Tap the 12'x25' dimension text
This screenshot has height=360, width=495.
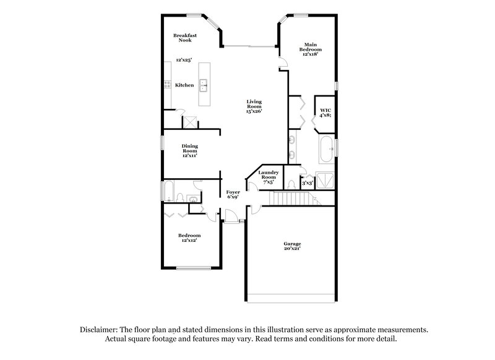[184, 60]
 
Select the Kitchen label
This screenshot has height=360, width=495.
[184, 85]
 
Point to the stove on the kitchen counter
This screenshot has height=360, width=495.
[166, 85]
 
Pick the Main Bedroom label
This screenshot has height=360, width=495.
[310, 49]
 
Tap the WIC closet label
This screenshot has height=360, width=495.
[324, 112]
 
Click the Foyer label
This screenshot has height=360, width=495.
[233, 195]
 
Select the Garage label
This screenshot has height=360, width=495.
[293, 246]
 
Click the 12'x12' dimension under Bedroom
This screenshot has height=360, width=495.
[189, 241]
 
